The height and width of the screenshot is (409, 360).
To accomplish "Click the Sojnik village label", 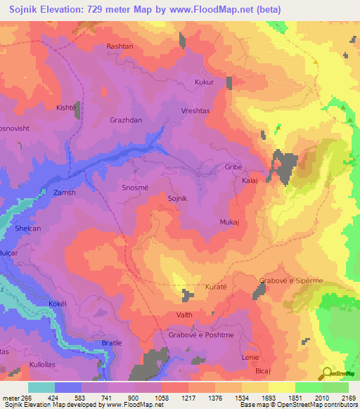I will (178, 199).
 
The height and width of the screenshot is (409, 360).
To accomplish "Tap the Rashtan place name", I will (119, 46).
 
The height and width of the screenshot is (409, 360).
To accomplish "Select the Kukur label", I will (204, 83).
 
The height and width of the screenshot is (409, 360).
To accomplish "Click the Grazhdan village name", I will (126, 120).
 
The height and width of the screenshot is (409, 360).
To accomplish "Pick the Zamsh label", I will (64, 192).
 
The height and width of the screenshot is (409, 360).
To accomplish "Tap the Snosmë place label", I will (135, 187).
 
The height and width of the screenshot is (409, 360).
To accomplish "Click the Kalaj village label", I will (250, 181).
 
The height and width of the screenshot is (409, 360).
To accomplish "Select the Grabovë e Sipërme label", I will (291, 280).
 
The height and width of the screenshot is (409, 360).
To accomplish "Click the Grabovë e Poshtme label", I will (201, 335).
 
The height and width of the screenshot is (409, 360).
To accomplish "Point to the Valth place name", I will (184, 316).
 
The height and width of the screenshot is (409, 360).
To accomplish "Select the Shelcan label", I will (29, 229).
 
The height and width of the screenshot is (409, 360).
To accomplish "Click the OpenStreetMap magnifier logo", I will (326, 373).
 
